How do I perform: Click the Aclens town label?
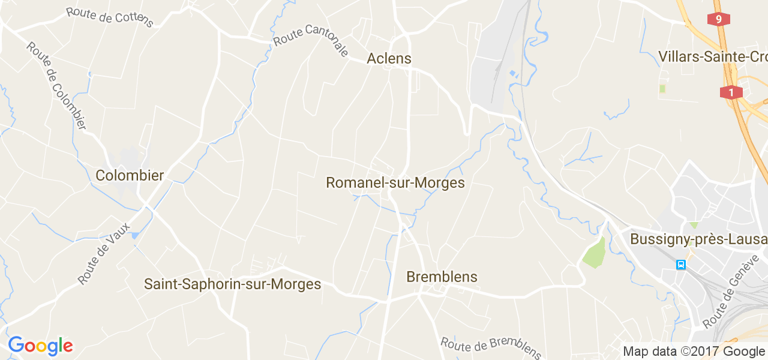click(x=389, y=58)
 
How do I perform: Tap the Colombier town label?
click(x=130, y=175)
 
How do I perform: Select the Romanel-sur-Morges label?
click(x=395, y=182)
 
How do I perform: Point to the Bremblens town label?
click(x=442, y=277)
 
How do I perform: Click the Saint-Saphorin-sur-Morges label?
click(x=233, y=284)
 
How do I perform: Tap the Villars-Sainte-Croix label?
click(x=713, y=56)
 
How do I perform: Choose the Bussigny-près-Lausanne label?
click(x=698, y=239)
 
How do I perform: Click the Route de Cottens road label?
click(x=110, y=17)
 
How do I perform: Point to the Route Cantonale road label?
click(x=311, y=41)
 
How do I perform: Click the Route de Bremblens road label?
click(x=491, y=346)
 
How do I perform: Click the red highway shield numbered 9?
click(x=718, y=19)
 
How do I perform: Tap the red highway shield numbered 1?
click(x=731, y=92)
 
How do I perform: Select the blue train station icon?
click(x=681, y=264)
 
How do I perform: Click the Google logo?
click(x=40, y=346)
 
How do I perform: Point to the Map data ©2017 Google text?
click(x=694, y=351)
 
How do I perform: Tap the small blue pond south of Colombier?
click(x=134, y=235)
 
